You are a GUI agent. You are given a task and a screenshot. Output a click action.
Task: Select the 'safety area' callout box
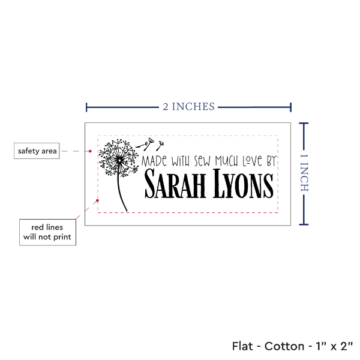(37, 151)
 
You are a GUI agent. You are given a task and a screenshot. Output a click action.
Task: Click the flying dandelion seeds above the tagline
(150, 144)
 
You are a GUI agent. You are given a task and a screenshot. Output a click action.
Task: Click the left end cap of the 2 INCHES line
(87, 107)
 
